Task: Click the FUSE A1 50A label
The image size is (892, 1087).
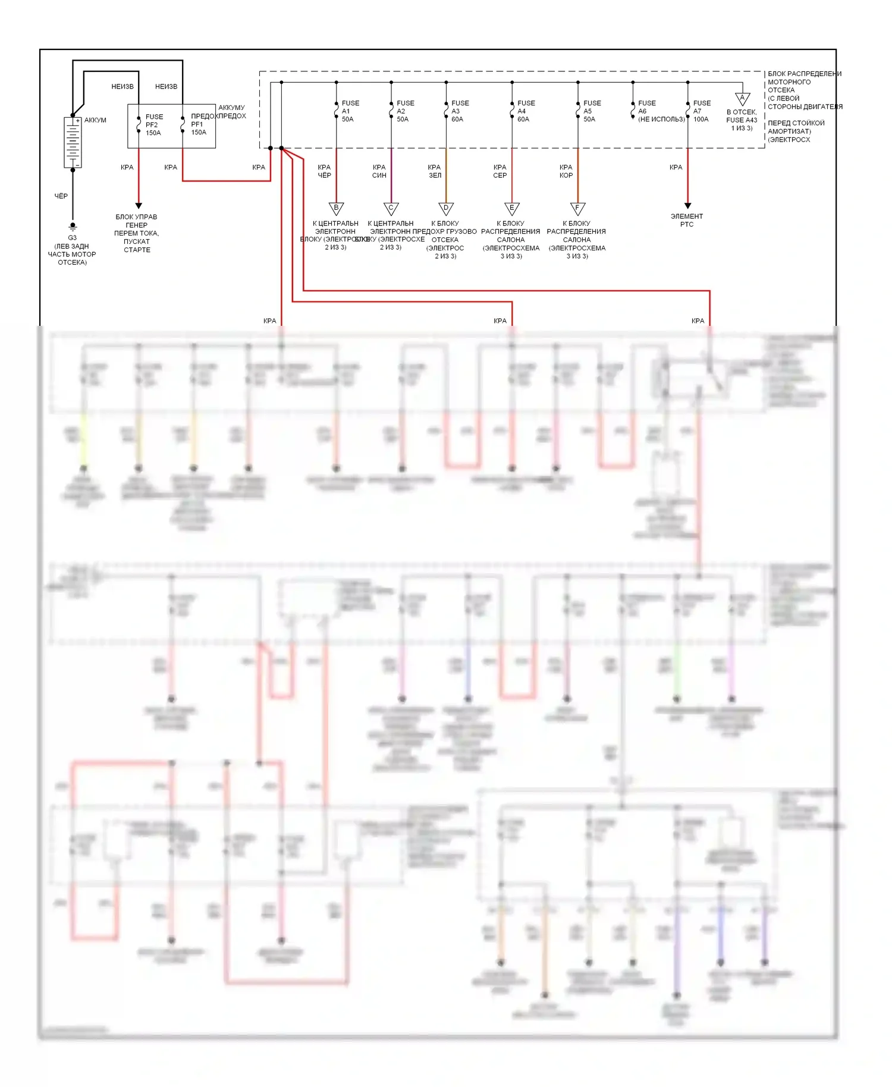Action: pos(350,111)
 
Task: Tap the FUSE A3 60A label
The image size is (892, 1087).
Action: pos(459,111)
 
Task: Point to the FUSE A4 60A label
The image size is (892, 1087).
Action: pos(525,111)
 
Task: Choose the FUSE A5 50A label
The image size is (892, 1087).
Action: pos(591,111)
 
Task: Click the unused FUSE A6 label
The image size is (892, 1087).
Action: pos(660,111)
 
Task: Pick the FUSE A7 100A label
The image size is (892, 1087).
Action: pos(701,111)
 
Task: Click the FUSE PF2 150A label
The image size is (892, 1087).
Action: pos(153,125)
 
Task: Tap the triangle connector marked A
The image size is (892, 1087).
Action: pos(742,98)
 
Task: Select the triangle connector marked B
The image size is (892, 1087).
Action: pos(337,208)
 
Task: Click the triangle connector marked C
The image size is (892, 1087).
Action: pos(391,208)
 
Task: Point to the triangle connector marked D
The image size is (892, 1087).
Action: pos(446,208)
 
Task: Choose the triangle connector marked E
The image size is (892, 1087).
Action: pos(512,208)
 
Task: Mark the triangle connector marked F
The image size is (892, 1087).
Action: pos(577,208)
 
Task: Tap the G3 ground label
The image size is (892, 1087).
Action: pos(72,238)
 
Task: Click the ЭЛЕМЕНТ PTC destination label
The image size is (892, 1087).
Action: pos(687,220)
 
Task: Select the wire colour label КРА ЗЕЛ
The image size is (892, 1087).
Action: pos(435,171)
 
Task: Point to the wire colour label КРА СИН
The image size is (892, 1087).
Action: pos(379,171)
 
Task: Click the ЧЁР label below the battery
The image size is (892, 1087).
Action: pos(61,196)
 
